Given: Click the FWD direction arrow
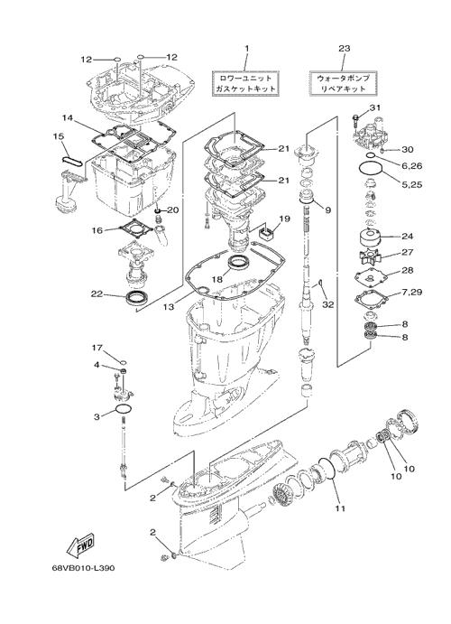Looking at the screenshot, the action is [80, 545].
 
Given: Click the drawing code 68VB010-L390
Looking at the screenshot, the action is [83, 568].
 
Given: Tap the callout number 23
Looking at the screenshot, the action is [344, 49].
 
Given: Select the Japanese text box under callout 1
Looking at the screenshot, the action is [245, 84].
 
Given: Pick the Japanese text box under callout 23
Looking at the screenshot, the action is [342, 84].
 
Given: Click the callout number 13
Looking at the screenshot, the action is [169, 307].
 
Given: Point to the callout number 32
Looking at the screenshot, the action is [328, 305].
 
